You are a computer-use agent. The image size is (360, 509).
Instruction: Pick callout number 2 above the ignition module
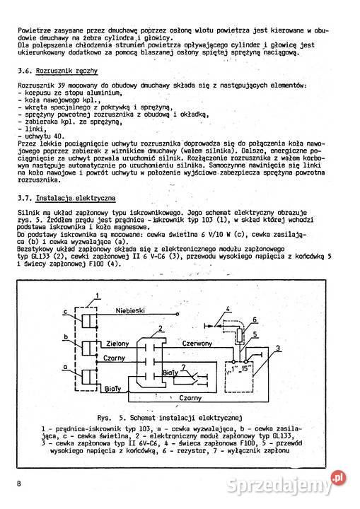(161, 329)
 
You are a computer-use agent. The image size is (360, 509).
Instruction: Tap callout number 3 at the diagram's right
(278, 348)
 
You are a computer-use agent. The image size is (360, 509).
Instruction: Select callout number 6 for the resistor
(255, 319)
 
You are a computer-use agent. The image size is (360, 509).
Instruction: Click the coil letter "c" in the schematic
(64, 312)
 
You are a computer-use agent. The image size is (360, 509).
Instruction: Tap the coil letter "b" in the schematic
(64, 337)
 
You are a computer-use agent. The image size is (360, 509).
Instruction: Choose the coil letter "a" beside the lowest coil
(64, 366)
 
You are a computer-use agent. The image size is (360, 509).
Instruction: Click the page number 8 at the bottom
(20, 483)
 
